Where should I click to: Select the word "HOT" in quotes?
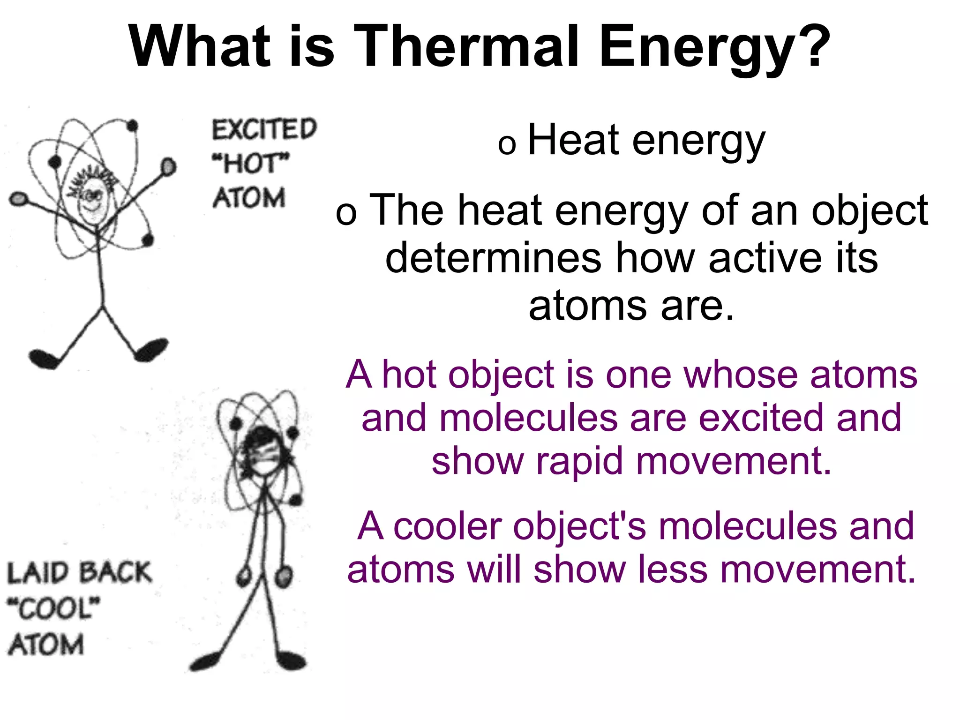tap(251, 163)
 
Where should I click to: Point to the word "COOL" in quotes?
tap(54, 608)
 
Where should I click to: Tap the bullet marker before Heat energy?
tap(507, 144)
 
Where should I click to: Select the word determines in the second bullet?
tap(493, 258)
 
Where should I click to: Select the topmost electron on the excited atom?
tap(133, 126)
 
